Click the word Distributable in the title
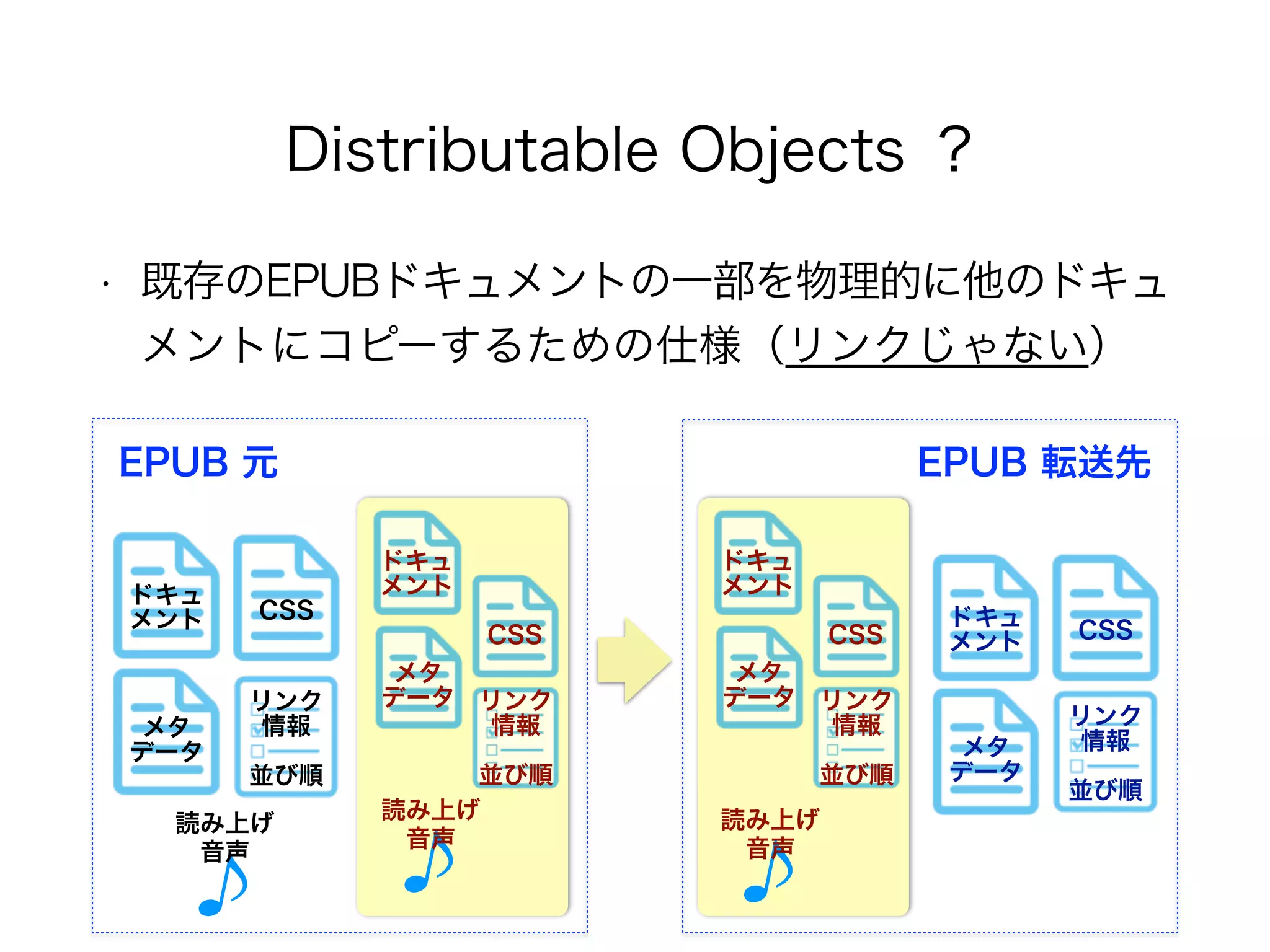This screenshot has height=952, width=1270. click(471, 150)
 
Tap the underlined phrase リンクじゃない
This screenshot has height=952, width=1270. click(936, 345)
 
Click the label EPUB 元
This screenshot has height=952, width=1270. click(198, 462)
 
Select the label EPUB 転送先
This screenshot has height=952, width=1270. click(1034, 462)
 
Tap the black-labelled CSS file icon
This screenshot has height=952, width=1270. click(286, 599)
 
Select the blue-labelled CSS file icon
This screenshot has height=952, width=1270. click(1105, 619)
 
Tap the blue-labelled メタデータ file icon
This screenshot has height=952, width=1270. click(985, 752)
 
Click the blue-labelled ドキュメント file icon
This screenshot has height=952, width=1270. click(985, 619)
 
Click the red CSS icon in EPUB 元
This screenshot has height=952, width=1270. click(515, 626)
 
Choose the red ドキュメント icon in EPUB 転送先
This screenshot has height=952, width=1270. click(758, 563)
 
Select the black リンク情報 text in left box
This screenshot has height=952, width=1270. click(286, 713)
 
